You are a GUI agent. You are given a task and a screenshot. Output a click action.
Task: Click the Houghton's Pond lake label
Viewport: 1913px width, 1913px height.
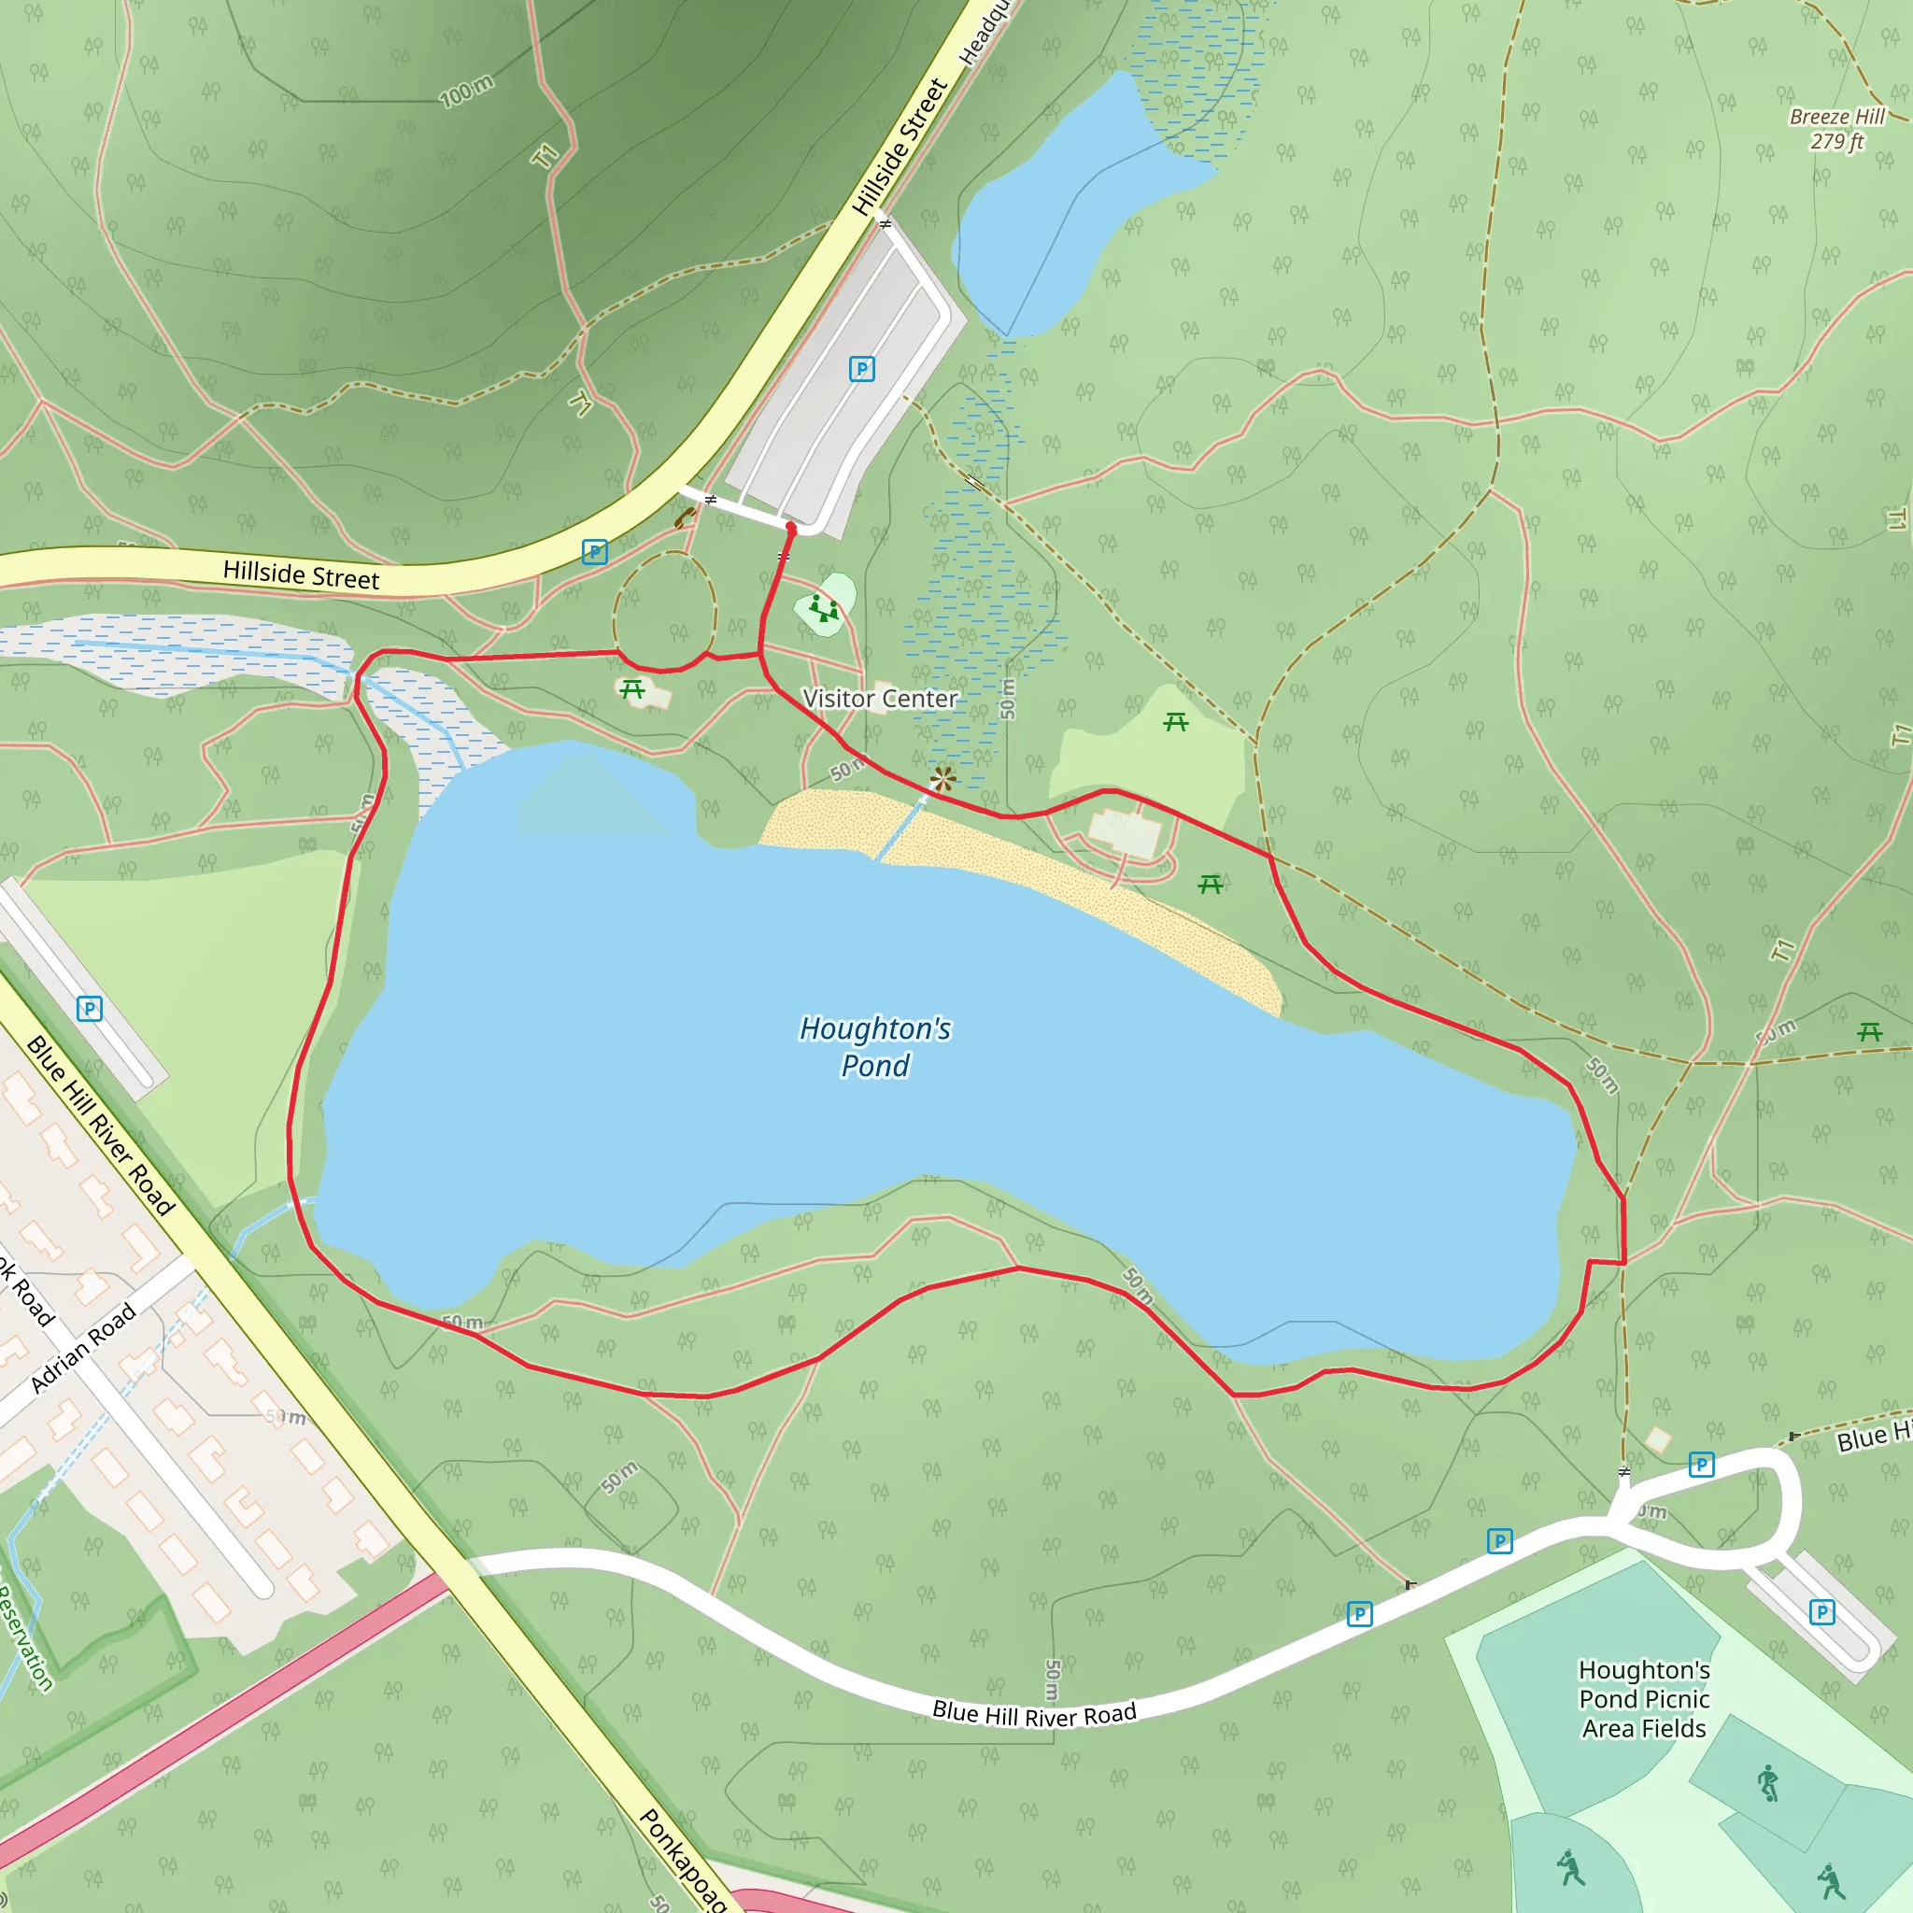click(874, 1046)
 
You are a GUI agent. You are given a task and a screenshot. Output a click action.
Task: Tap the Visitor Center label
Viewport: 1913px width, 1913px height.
click(880, 698)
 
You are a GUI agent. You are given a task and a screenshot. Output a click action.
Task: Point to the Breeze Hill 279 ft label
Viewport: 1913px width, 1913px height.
click(1836, 129)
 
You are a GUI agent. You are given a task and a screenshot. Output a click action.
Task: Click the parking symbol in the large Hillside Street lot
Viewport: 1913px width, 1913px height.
click(861, 369)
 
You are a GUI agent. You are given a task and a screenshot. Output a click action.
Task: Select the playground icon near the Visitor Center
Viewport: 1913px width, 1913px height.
click(823, 607)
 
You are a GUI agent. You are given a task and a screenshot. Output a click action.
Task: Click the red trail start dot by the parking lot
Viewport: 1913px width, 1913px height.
click(790, 528)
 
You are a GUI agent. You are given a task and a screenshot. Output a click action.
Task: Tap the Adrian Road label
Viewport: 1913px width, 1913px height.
click(83, 1348)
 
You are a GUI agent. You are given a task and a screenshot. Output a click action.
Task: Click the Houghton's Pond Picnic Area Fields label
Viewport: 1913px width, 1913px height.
click(1644, 1699)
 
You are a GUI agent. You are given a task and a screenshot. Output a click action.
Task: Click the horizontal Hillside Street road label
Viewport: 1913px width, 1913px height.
click(301, 574)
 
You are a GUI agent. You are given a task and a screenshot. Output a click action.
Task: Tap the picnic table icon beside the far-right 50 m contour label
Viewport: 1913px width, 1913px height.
click(1869, 1032)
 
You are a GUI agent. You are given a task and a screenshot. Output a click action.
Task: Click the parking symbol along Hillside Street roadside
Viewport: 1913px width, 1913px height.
click(594, 551)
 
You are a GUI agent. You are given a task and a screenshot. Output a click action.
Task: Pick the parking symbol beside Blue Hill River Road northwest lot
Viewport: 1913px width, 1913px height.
click(89, 1009)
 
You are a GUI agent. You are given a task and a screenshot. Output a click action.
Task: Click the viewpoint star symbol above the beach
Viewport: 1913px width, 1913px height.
click(942, 778)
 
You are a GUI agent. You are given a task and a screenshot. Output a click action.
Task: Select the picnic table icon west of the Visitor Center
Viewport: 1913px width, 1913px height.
click(631, 688)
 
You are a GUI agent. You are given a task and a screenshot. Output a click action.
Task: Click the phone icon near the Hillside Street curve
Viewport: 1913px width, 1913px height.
click(684, 517)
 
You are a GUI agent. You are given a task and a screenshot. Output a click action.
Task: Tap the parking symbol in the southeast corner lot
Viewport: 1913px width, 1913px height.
click(1821, 1611)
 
